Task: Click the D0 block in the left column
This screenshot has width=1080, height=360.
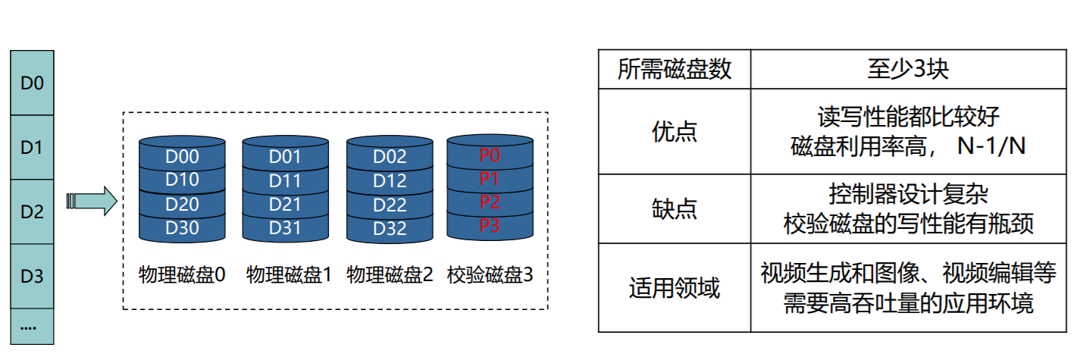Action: tap(32, 83)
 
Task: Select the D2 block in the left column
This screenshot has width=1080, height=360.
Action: tap(32, 211)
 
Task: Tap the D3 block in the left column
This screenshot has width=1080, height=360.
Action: tap(32, 276)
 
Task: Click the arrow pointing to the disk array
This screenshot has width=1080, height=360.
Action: tap(91, 201)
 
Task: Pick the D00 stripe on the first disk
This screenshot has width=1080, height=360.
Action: tap(182, 157)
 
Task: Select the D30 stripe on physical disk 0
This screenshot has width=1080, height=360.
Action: tap(182, 228)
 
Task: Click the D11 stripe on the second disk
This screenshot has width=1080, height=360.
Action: tap(285, 181)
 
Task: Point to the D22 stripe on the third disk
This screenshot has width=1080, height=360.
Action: tap(390, 205)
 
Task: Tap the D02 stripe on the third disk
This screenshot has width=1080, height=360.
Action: tap(390, 157)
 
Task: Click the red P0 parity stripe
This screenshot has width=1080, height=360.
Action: tap(490, 155)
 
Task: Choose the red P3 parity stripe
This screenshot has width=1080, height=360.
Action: tap(490, 225)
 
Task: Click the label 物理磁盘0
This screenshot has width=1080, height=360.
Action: tap(183, 274)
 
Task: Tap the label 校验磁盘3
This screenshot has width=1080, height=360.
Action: tap(490, 274)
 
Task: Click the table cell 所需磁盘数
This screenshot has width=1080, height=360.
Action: tap(675, 70)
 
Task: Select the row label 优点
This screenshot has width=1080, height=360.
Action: tap(675, 132)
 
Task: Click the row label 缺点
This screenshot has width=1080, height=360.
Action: tap(675, 209)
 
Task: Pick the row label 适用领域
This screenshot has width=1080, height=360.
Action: tap(675, 288)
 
